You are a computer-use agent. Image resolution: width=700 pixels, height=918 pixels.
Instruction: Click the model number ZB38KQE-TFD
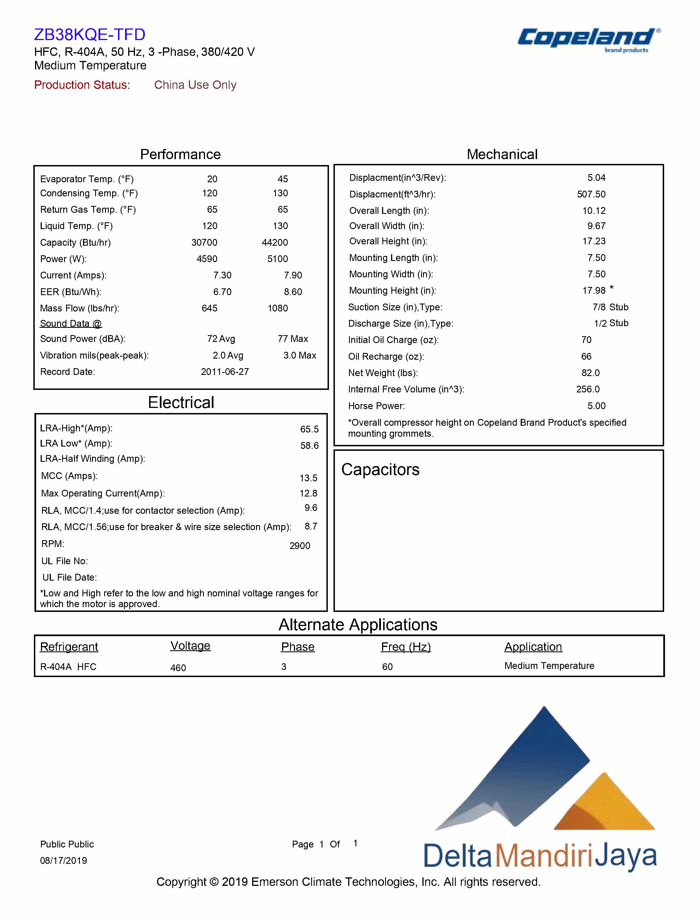point(90,34)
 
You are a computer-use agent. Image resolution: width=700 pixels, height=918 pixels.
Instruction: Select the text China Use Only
point(195,85)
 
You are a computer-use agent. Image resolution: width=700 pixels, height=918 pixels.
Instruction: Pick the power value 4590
point(207,259)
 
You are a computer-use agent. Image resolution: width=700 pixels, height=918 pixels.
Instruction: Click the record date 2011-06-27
point(224,372)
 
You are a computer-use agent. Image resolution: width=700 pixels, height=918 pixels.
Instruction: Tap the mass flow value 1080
point(278,308)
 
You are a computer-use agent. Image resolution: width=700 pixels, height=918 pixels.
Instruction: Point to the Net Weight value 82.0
point(590,373)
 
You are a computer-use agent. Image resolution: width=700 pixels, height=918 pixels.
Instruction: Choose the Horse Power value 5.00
point(596,406)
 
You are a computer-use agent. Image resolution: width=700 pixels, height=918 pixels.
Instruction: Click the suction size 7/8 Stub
point(610,307)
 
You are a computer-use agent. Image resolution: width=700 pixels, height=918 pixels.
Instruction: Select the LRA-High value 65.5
point(309,429)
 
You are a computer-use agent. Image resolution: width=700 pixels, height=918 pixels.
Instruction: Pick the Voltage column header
point(190,646)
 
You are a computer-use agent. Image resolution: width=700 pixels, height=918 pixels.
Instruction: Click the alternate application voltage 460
point(178,668)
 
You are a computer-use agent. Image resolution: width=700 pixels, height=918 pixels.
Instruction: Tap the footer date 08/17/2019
point(63,860)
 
